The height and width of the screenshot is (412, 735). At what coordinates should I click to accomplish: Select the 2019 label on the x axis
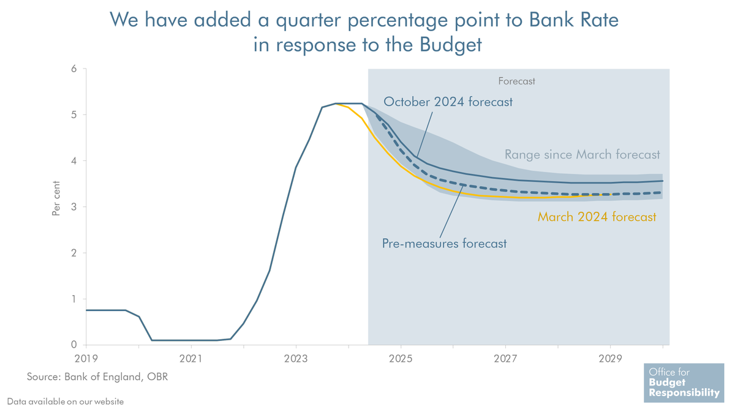point(86,357)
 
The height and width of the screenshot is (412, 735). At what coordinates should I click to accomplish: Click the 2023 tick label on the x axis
point(296,357)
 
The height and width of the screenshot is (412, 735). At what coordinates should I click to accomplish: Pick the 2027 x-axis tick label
point(505,357)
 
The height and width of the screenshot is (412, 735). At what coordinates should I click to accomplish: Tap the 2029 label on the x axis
point(610,357)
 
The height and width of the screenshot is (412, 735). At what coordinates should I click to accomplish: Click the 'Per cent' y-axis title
point(56,197)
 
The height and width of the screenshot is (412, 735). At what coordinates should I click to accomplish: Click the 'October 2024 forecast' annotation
point(448,102)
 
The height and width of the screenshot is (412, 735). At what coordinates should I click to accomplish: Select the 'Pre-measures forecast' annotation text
point(445,244)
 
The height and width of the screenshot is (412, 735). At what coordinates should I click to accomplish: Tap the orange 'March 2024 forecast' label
point(597,216)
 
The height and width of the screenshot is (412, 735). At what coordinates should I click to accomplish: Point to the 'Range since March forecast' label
point(582,155)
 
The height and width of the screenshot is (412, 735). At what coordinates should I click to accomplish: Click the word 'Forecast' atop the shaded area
point(516,81)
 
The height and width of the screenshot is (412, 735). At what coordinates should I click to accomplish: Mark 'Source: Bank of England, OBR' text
point(97,376)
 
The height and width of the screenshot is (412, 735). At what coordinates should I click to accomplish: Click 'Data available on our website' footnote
point(66,402)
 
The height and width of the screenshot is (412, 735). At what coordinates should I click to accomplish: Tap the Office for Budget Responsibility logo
point(683,383)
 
